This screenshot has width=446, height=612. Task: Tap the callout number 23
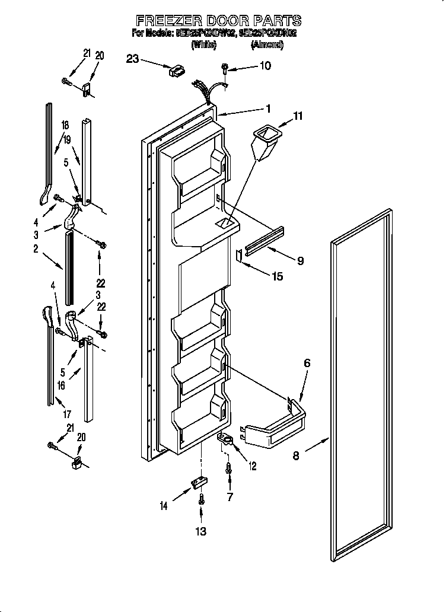(132, 58)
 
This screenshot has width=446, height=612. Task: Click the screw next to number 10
(225, 68)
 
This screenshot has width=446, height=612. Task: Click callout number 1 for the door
(267, 109)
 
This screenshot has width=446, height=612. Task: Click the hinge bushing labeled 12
(227, 439)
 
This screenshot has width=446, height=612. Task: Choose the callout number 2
(36, 250)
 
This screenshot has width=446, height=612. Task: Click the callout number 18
(65, 125)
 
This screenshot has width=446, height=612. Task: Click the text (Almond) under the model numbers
(267, 44)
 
